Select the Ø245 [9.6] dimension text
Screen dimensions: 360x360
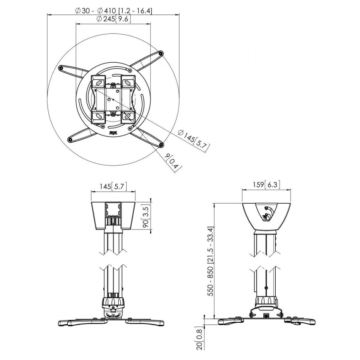click(x=113, y=19)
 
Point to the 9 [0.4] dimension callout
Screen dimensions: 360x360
click(x=174, y=162)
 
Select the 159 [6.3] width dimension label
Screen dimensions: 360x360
click(x=266, y=185)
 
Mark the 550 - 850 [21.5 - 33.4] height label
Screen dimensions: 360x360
click(x=209, y=260)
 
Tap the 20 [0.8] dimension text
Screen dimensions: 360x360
click(x=198, y=338)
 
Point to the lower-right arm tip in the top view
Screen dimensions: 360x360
click(x=161, y=145)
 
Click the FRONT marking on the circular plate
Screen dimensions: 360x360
click(x=113, y=133)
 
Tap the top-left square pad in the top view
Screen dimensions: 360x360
click(x=99, y=81)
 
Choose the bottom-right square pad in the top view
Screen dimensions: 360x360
click(x=127, y=116)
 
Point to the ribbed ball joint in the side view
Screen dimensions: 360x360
click(x=266, y=302)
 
